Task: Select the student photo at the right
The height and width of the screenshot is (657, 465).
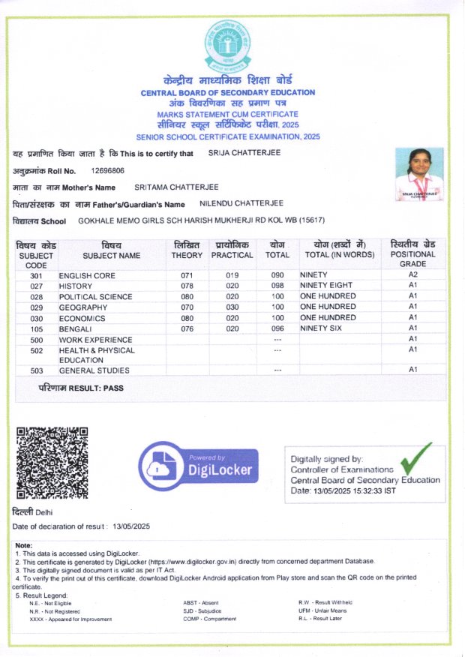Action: point(418,174)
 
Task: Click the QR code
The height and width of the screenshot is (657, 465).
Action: point(52,463)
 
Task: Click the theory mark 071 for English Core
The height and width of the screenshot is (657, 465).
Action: point(187,275)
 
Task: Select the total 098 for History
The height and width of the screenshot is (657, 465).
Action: point(277,286)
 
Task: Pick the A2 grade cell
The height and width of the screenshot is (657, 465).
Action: point(412,275)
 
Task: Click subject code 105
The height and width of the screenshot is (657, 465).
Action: point(36,328)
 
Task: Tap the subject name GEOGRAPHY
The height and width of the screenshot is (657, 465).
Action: point(82,307)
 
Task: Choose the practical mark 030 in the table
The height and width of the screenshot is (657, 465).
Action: point(232,307)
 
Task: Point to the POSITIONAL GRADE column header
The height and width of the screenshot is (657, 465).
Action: point(412,255)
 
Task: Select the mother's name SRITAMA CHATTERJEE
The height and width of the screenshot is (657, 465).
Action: point(178,187)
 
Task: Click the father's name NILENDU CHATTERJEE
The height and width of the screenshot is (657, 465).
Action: point(241,203)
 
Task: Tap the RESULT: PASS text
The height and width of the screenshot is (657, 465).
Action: point(81,388)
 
